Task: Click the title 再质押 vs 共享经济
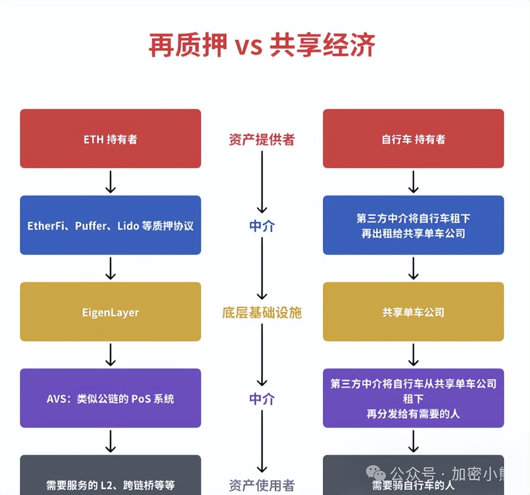262,45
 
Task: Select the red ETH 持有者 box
111,139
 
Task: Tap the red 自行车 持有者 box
413,139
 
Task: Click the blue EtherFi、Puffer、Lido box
111,225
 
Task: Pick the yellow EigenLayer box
111,312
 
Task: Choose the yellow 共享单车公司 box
413,312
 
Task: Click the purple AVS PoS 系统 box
111,398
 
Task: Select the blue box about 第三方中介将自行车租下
413,225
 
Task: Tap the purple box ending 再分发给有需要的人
413,398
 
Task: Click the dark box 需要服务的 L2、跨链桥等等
111,479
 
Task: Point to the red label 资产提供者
262,139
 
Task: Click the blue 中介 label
262,226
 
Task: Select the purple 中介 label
262,398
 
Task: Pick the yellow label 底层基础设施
262,312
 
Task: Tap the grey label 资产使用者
262,485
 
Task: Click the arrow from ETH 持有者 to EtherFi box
111,182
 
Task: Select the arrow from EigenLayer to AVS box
111,355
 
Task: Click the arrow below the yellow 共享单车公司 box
413,355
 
